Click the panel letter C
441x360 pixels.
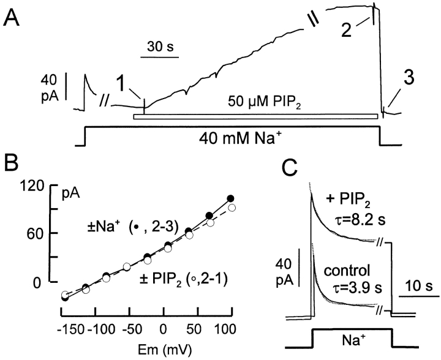[x=293, y=168]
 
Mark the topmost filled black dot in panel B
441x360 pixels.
[x=230, y=198]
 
